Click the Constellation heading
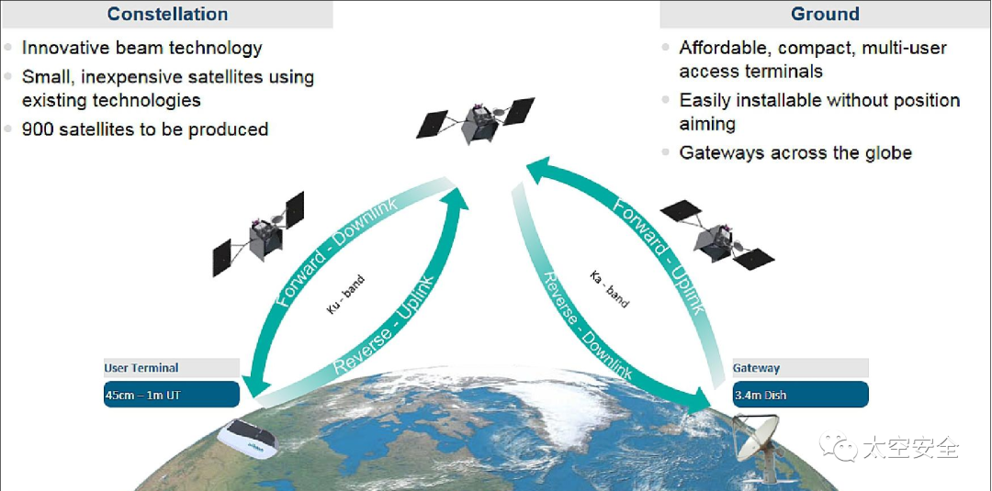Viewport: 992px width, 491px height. pyautogui.click(x=167, y=14)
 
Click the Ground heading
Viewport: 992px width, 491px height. pyautogui.click(x=825, y=14)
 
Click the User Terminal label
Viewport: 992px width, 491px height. pyautogui.click(x=141, y=368)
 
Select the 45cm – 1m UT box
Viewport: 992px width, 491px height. pyautogui.click(x=171, y=395)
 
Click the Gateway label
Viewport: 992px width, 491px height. pyautogui.click(x=756, y=368)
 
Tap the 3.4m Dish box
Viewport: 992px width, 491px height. pyautogui.click(x=800, y=395)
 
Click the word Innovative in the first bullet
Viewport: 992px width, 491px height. pyautogui.click(x=70, y=48)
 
